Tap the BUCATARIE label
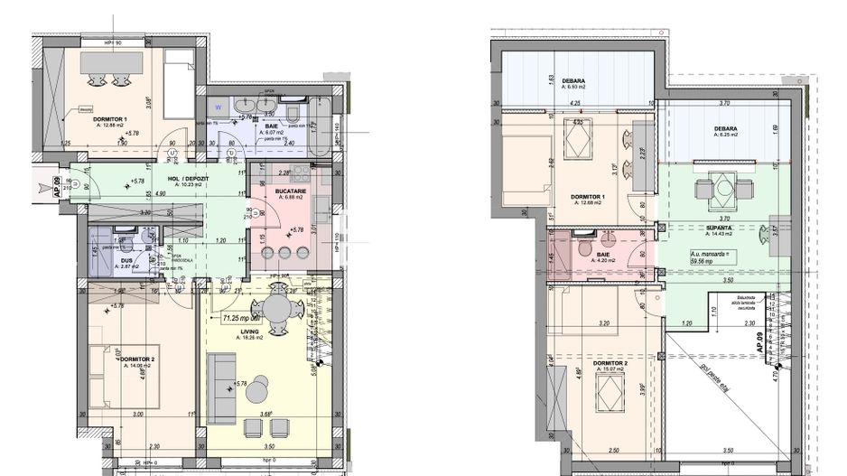pyautogui.click(x=290, y=191)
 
